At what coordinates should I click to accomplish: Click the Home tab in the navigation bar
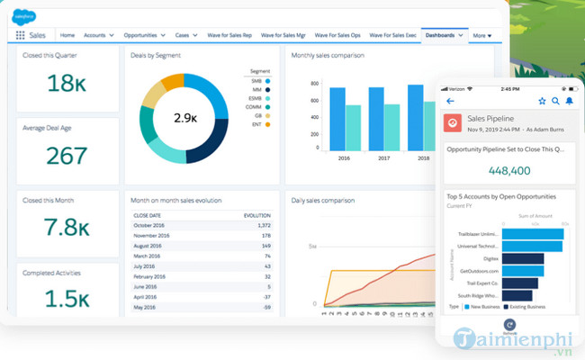click(x=67, y=35)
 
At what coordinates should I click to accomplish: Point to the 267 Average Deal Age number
click(x=66, y=157)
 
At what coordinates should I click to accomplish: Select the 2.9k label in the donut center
click(x=185, y=118)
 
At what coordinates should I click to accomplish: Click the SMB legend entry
click(x=257, y=81)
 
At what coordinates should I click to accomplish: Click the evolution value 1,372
click(x=262, y=225)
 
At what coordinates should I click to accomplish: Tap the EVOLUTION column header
click(x=257, y=216)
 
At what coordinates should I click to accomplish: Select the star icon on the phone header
click(x=542, y=101)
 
